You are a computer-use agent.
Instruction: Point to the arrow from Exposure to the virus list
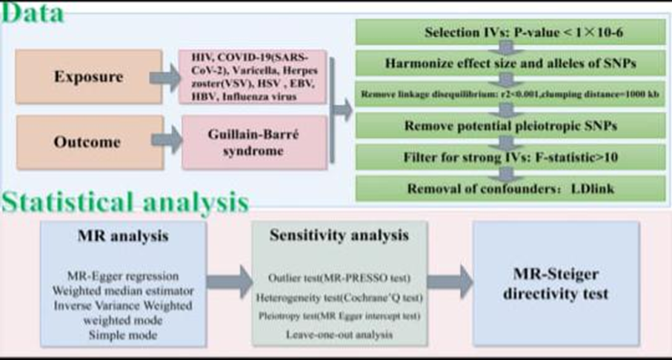click(162, 77)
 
